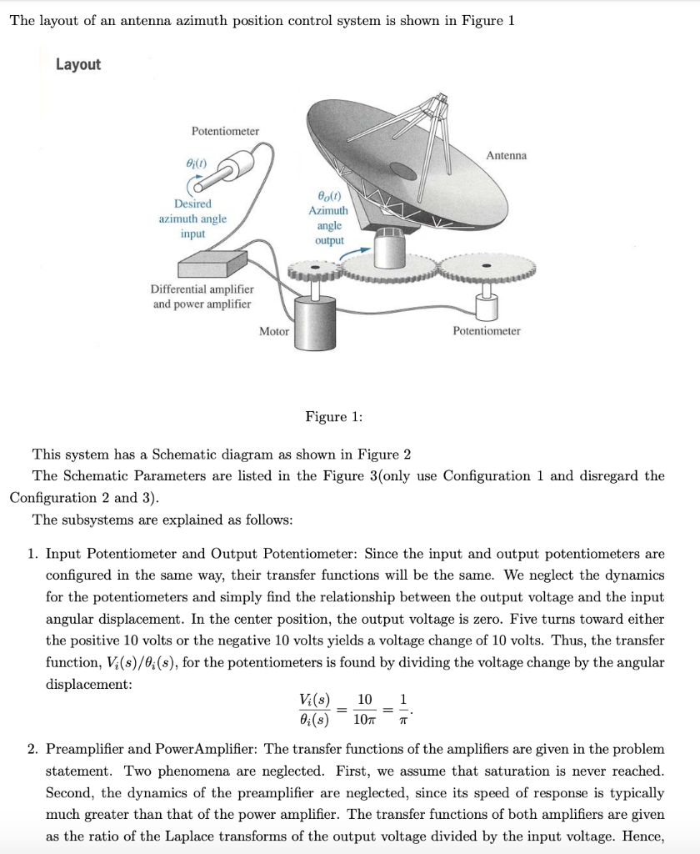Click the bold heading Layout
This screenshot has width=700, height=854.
click(78, 65)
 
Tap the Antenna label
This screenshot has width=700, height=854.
click(506, 155)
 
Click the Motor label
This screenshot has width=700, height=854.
click(274, 331)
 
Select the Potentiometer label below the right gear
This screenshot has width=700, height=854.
click(486, 331)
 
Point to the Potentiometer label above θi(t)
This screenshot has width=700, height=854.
click(225, 131)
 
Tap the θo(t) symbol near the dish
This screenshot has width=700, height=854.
click(328, 196)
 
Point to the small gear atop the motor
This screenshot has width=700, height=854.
click(315, 269)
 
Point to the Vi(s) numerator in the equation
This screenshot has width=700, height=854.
click(314, 700)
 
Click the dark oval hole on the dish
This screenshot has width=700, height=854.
click(402, 171)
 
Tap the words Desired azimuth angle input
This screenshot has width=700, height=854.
click(192, 219)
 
